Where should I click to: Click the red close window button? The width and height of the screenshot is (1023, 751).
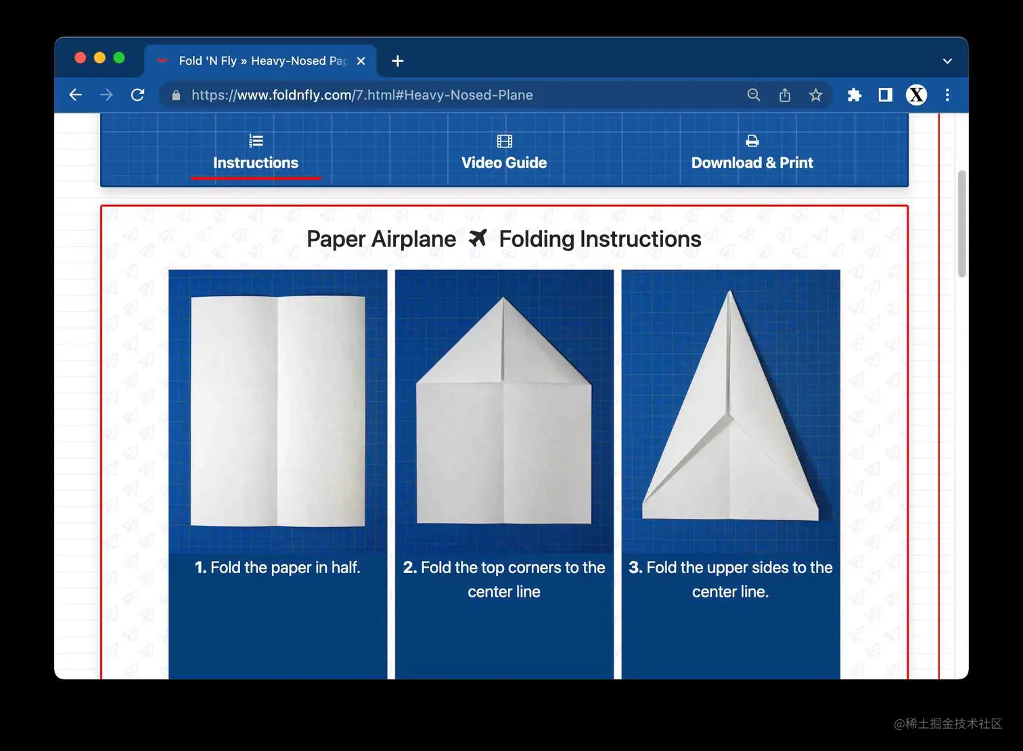pos(80,58)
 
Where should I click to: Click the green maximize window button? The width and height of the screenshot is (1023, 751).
pos(119,58)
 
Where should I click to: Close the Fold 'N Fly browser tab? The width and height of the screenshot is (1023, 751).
pos(361,61)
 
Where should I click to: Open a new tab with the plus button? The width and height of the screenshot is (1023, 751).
pos(398,61)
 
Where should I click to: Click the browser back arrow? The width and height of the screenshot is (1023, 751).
pos(76,95)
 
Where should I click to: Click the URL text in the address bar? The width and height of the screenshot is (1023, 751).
pos(362,95)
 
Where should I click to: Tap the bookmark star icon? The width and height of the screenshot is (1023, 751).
pos(815,95)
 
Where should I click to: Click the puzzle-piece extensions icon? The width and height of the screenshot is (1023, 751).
pos(854,95)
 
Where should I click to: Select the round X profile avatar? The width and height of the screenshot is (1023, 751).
pos(916,95)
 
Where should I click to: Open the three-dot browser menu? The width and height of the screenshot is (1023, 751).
pos(947,95)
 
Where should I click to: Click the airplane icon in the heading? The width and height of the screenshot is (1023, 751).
pos(478,238)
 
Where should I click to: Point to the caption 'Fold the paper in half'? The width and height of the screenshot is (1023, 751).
pos(277,568)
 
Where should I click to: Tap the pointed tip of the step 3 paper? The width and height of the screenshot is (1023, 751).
pos(729,294)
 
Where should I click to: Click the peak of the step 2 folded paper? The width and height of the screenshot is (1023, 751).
pos(503,300)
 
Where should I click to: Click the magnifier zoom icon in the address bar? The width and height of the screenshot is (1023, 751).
pos(753,95)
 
